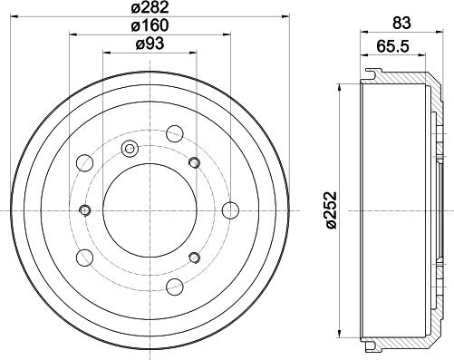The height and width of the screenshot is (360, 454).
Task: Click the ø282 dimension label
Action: pyautogui.click(x=147, y=10)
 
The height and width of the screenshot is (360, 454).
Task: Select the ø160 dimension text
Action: pyautogui.click(x=147, y=28)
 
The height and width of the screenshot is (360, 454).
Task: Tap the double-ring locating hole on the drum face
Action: pyautogui.click(x=129, y=148)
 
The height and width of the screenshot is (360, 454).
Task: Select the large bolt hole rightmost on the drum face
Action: pyautogui.click(x=229, y=210)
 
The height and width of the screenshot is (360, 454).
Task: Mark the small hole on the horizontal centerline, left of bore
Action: pyautogui.click(x=84, y=210)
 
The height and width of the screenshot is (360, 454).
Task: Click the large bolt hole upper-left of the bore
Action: pyautogui.click(x=84, y=163)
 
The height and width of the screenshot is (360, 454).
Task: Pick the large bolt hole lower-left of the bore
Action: pyautogui.click(x=84, y=258)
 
